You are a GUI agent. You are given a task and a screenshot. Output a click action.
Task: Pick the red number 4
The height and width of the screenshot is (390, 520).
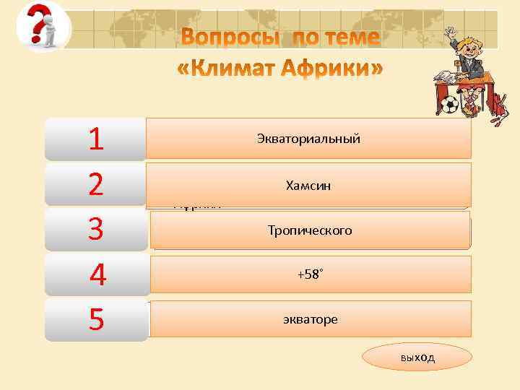97,275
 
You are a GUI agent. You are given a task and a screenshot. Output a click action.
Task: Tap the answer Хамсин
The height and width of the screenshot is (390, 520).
308,186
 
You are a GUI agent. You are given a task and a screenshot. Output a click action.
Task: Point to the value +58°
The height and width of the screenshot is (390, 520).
311,275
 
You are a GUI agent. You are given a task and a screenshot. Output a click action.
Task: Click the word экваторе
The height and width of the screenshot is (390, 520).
311,319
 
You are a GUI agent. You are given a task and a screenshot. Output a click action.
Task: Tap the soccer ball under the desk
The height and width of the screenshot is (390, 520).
449,105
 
